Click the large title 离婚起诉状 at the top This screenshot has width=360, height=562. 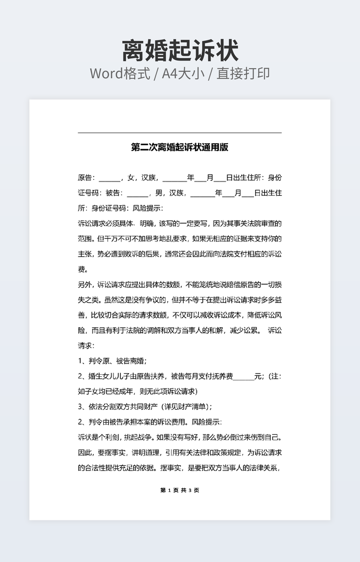point(180,51)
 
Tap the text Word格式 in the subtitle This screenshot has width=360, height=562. point(120,73)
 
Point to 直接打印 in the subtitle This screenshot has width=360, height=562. point(246,73)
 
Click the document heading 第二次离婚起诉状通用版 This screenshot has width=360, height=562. point(179,147)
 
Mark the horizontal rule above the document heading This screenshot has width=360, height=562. point(179,133)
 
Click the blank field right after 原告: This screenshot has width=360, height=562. point(110,178)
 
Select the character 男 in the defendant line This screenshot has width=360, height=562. point(159,193)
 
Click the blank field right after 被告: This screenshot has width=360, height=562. point(137,193)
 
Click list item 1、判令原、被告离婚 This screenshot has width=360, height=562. point(112,361)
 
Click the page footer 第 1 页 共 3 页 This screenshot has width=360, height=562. point(179,490)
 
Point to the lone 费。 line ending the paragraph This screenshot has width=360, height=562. point(84,269)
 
